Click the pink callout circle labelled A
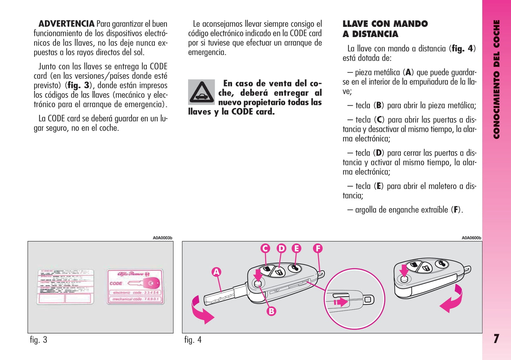click(x=216, y=272)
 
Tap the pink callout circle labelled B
click(x=271, y=311)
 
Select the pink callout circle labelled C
click(x=265, y=248)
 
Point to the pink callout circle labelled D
click(x=281, y=248)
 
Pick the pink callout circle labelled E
click(x=296, y=248)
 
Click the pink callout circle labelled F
click(x=318, y=248)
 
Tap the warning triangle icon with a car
click(x=201, y=92)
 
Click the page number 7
click(x=496, y=339)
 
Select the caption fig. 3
click(x=39, y=340)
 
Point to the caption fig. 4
click(x=193, y=340)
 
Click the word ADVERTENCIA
click(x=66, y=24)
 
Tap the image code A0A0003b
click(x=162, y=238)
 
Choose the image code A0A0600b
click(x=471, y=238)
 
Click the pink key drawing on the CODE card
click(x=145, y=283)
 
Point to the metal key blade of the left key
click(x=219, y=296)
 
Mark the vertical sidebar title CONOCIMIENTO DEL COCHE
click(x=497, y=79)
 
